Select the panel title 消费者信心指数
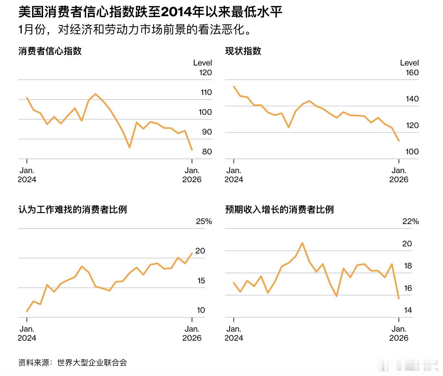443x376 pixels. coord(50,51)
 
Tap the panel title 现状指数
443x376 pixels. coord(243,51)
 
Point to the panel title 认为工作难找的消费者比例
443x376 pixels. coord(73,210)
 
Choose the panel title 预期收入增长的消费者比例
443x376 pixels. coord(280,210)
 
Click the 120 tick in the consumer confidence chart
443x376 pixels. coord(205,73)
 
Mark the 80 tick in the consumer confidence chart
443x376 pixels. coord(207,152)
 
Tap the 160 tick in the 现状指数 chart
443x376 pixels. coord(412,73)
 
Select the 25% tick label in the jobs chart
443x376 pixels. coord(204,221)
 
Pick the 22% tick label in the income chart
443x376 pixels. coord(411,221)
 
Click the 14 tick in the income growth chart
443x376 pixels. coord(408,310)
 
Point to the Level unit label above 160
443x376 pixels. coord(409,63)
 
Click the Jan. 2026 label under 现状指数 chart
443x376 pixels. coord(399,175)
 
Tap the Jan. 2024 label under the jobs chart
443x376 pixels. coord(27,333)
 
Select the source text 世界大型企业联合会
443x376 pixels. coord(92,363)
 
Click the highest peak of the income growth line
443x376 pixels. coord(302,243)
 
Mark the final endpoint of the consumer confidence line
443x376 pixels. coord(192,150)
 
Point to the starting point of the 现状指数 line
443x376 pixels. coord(234,86)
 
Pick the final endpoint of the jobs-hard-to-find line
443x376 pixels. coord(192,253)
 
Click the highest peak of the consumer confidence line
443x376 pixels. coord(95,94)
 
